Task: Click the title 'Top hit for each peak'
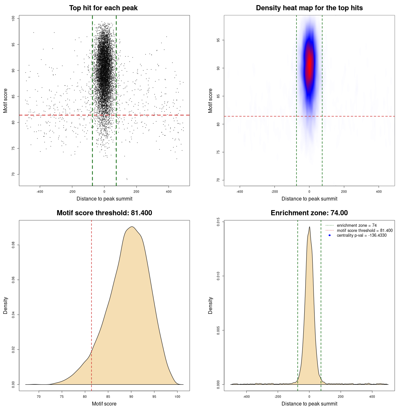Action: coord(103,8)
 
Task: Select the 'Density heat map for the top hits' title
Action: coord(309,8)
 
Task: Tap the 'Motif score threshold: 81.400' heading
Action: coord(104,213)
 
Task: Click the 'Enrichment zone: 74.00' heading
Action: coord(309,213)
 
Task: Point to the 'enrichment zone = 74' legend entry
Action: coord(357,225)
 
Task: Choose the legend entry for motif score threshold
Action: coord(365,230)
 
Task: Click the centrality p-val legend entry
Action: coord(362,235)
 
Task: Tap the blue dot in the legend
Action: coord(330,235)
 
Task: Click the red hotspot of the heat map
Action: coord(309,66)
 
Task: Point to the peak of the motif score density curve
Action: coord(131,227)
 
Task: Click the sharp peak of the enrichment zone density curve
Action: coord(309,227)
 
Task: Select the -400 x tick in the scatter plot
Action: coord(40,192)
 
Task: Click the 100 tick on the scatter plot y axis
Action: coord(13,19)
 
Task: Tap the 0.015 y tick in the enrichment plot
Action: coord(218,222)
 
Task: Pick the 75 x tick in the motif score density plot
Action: coord(62,397)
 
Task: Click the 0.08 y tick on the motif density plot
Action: coord(13,245)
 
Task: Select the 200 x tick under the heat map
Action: coord(344,192)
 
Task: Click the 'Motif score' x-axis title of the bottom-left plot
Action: coord(104,404)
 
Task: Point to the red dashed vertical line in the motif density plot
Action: coord(92,304)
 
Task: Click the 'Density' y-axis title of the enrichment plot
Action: coord(210,305)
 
